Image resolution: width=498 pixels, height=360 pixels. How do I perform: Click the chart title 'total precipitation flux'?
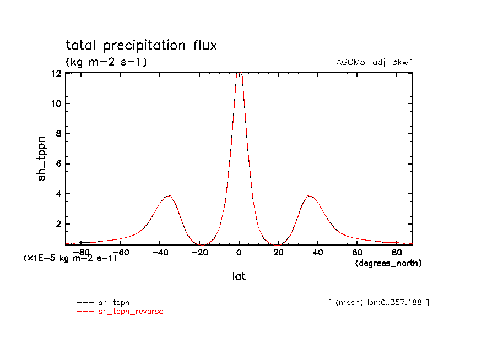point(141,45)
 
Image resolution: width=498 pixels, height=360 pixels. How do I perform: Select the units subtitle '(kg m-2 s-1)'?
point(106,62)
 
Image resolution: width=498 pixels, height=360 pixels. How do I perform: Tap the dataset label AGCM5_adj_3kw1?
point(374,62)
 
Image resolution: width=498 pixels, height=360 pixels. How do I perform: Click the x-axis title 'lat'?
point(239,276)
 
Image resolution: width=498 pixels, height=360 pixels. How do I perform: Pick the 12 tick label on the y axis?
point(55,74)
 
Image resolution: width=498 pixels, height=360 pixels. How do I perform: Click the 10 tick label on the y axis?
point(55,103)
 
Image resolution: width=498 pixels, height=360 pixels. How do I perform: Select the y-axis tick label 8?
point(57,134)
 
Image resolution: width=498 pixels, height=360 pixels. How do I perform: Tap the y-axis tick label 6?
point(57,164)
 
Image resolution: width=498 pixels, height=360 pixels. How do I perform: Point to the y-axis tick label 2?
point(57,224)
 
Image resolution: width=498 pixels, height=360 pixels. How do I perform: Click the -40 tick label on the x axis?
point(159,253)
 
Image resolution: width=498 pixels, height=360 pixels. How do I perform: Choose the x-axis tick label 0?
point(239,253)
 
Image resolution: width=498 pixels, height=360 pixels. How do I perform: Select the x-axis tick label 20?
point(278,253)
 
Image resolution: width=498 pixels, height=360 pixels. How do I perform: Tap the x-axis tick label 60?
point(357,253)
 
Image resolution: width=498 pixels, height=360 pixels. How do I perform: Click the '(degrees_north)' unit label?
point(388,263)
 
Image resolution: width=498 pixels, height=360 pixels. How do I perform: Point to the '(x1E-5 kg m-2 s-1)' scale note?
point(70,257)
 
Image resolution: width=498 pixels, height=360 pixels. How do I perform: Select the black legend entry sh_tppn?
point(113,302)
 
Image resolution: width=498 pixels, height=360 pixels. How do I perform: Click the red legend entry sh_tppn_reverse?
point(131,312)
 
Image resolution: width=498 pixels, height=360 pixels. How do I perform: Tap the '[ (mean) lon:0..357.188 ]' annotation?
point(378,302)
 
